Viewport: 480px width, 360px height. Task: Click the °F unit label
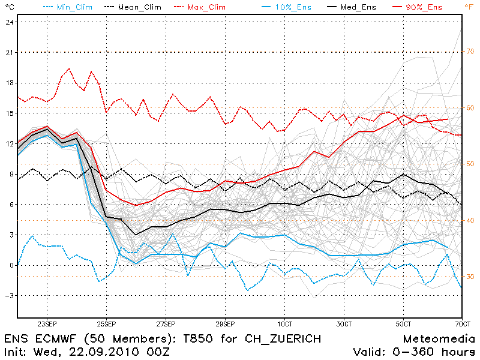pos(469,7)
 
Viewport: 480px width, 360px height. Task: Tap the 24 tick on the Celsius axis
pos(9,22)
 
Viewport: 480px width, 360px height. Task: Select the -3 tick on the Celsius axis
pos(9,296)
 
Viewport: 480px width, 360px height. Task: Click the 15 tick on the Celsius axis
pos(9,113)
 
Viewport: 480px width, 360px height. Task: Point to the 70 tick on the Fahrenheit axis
pos(470,52)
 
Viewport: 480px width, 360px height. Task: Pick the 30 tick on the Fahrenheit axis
pos(470,277)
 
